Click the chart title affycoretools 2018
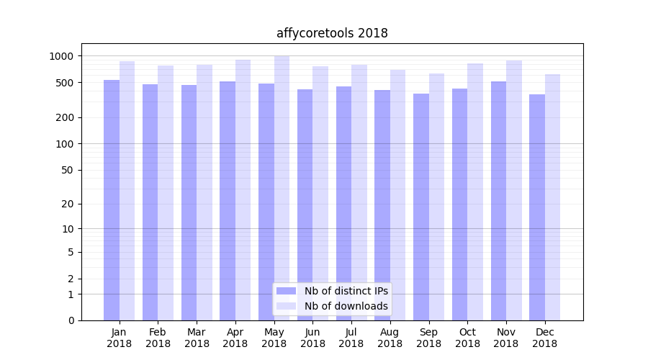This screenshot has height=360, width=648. pyautogui.click(x=332, y=33)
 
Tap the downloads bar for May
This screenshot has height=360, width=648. pyautogui.click(x=282, y=188)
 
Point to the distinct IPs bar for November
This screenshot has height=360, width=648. pyautogui.click(x=498, y=201)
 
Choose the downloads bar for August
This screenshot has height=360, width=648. pyautogui.click(x=397, y=195)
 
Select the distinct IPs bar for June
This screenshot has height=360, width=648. pyautogui.click(x=305, y=204)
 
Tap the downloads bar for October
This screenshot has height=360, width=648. pyautogui.click(x=475, y=192)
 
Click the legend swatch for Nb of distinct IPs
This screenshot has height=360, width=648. pyautogui.click(x=287, y=291)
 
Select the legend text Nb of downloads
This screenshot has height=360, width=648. pyautogui.click(x=346, y=306)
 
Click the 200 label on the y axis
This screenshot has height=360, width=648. pyautogui.click(x=65, y=117)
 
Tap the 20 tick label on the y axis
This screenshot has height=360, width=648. pyautogui.click(x=68, y=204)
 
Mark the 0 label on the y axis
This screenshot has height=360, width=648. pyautogui.click(x=71, y=320)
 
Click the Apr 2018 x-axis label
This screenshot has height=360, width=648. pyautogui.click(x=235, y=338)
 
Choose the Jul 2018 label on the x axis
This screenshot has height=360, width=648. pyautogui.click(x=351, y=338)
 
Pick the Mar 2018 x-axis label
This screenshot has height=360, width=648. pyautogui.click(x=197, y=338)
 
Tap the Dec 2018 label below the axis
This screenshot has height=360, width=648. pyautogui.click(x=544, y=338)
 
